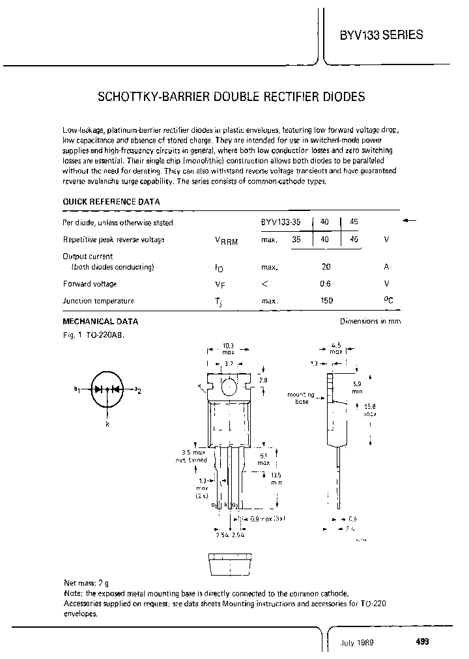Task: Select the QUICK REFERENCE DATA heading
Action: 111,202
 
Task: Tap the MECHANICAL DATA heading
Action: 100,322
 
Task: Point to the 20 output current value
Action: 326,267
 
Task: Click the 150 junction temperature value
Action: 326,301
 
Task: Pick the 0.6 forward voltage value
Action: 326,284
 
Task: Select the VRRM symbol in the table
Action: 226,240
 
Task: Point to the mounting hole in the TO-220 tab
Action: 229,388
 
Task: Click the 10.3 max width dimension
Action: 227,349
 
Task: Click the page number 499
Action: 422,641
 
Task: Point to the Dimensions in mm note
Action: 371,322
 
